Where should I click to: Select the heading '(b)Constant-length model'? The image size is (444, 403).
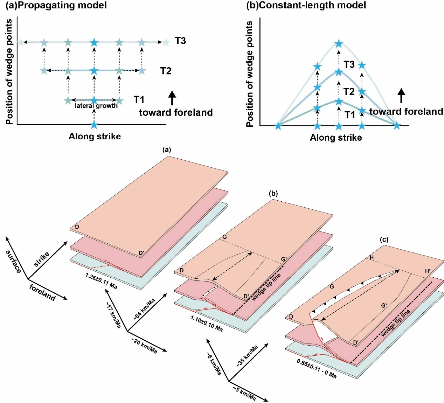point(306,5)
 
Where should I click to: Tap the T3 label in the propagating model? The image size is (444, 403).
point(180,41)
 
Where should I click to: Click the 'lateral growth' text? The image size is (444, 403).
point(96,106)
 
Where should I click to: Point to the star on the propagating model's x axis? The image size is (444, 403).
point(94,125)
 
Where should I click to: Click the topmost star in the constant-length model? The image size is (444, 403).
point(338,44)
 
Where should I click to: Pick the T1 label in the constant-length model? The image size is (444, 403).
point(349,115)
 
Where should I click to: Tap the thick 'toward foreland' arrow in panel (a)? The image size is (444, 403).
point(172,98)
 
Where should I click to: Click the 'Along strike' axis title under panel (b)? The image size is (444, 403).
point(335,138)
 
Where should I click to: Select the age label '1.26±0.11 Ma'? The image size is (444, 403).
point(101,281)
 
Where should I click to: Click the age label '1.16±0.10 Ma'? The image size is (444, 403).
point(207,323)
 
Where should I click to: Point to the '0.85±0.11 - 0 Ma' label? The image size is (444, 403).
point(317,369)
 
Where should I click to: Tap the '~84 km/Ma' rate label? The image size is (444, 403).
point(144,310)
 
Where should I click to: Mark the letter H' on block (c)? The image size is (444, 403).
point(428,271)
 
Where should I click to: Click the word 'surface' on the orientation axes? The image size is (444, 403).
point(14,262)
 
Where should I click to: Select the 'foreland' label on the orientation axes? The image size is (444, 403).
point(42,293)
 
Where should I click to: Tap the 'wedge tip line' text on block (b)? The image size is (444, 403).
point(266,287)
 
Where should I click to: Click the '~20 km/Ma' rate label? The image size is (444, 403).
point(144,346)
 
